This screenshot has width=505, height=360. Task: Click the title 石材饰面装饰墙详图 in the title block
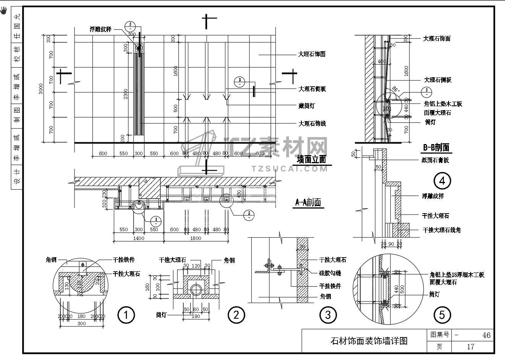(x=369, y=341)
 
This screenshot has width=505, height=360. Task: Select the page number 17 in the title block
(x=470, y=347)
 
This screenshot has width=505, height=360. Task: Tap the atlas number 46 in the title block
(x=486, y=335)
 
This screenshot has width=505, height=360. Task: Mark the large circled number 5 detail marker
(x=442, y=315)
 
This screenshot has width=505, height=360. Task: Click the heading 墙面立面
(x=312, y=159)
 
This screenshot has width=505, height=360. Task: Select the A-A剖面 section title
(x=308, y=203)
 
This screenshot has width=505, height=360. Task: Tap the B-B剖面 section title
(x=436, y=148)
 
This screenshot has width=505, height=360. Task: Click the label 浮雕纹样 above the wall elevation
(x=100, y=29)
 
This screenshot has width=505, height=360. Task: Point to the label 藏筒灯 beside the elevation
(x=306, y=106)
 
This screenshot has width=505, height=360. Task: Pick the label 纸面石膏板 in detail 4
(x=435, y=160)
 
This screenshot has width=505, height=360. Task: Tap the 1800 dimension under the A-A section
(x=195, y=238)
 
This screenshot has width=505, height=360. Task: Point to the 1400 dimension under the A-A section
(x=138, y=238)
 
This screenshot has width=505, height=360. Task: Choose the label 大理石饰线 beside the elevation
(x=312, y=124)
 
